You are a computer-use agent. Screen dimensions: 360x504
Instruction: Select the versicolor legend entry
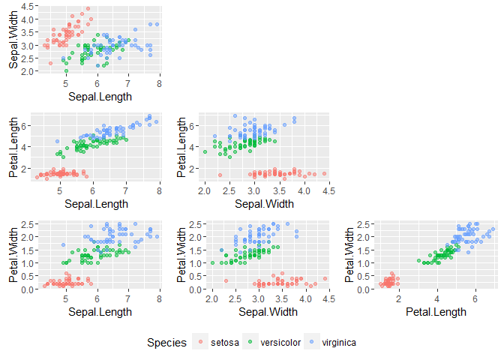coord(280,343)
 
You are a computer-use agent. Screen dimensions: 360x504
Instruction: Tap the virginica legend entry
coord(339,343)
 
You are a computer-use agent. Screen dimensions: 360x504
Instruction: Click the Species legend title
coord(166,343)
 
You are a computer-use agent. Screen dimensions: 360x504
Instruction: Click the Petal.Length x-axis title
coord(435,311)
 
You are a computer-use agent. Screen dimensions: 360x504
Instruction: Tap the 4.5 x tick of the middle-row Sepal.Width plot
coord(327,192)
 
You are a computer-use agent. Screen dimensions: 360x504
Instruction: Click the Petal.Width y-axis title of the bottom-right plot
coord(349,255)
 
